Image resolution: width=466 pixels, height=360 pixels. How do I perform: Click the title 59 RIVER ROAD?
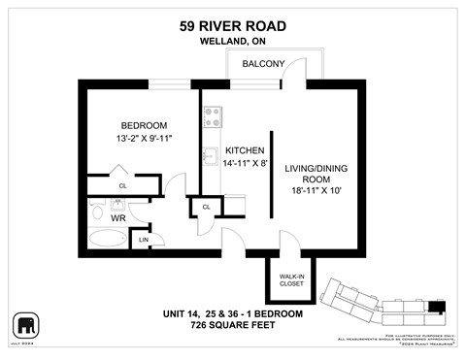(233, 26)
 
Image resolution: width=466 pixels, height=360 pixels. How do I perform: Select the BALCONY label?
(263, 64)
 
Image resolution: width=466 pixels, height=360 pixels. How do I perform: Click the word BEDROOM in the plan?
(144, 126)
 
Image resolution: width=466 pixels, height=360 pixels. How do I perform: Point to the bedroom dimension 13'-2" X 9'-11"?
(144, 140)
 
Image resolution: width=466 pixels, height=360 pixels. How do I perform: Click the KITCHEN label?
(245, 152)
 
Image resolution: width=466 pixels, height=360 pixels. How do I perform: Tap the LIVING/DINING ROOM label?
(316, 175)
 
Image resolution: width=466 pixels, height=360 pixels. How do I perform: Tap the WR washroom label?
(117, 219)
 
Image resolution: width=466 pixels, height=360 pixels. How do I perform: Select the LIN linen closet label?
(144, 239)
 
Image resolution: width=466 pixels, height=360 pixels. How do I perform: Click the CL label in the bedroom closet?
(122, 185)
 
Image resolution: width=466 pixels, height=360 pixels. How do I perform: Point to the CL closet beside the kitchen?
(207, 207)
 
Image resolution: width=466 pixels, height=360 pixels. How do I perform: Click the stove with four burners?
(212, 117)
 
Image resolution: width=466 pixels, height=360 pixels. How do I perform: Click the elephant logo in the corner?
(25, 324)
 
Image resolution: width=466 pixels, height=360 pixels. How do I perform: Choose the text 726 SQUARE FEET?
(232, 328)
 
